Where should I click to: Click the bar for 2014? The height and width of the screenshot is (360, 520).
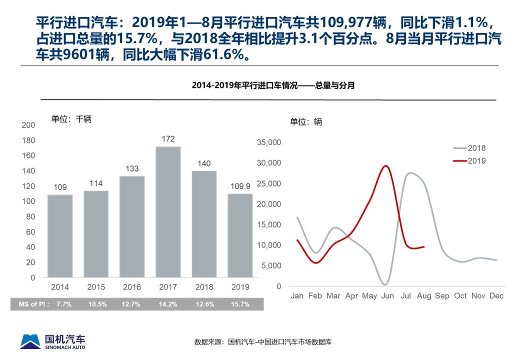point(60,235)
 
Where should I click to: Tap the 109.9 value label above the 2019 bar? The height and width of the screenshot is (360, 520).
point(240,186)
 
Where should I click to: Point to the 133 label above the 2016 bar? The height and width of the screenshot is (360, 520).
point(132,168)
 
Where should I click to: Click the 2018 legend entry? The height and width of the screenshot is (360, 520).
point(469,148)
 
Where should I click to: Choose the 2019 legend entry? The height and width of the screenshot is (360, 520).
point(469,161)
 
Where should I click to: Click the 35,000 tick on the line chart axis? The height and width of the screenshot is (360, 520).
point(269,143)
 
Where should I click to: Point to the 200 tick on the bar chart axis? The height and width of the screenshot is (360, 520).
point(29,125)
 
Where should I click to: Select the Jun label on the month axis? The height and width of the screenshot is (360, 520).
point(387,296)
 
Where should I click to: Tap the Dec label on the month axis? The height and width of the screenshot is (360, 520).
point(496,296)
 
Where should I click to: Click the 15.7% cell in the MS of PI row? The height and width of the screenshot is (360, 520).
point(239,304)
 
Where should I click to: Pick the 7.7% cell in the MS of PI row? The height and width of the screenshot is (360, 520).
point(60,304)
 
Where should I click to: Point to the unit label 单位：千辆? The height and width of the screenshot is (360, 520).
point(71,119)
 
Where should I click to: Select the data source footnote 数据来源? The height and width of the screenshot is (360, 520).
point(263,342)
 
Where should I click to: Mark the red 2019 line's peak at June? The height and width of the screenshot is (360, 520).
point(385,165)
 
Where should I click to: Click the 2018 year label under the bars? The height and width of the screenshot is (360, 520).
point(204,287)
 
